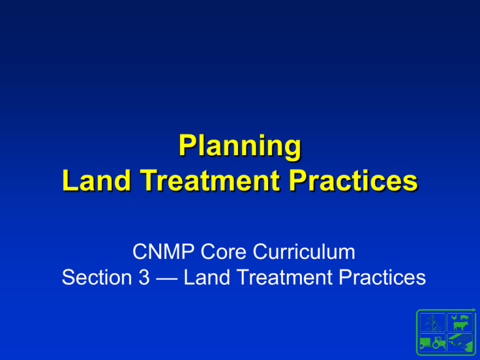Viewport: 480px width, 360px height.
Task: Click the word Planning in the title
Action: click(x=240, y=147)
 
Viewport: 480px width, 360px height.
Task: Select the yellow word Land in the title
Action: click(x=97, y=180)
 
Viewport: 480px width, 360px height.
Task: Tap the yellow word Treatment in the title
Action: click(x=210, y=180)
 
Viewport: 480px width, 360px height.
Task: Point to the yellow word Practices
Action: click(x=353, y=180)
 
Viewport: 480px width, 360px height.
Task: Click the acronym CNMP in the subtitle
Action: click(x=163, y=252)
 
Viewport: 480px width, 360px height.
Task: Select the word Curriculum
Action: click(x=304, y=252)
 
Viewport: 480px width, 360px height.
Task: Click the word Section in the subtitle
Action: click(x=97, y=277)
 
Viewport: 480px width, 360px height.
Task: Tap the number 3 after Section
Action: click(x=144, y=277)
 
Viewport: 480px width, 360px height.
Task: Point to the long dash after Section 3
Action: click(x=166, y=279)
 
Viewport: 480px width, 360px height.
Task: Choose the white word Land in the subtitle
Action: click(x=207, y=277)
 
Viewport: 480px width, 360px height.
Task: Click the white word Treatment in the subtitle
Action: click(x=284, y=277)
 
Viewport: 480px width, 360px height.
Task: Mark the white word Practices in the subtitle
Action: click(x=382, y=277)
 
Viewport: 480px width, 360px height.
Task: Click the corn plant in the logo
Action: click(x=432, y=323)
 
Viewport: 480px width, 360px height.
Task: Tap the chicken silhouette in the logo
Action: click(x=454, y=317)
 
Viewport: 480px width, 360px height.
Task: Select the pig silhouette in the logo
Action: click(x=464, y=317)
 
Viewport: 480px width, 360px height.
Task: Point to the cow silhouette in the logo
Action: click(x=461, y=326)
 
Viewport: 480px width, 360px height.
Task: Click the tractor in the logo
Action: click(x=432, y=342)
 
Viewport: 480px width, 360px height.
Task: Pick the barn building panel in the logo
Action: click(x=460, y=342)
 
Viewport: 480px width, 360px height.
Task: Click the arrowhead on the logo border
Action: click(x=474, y=310)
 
